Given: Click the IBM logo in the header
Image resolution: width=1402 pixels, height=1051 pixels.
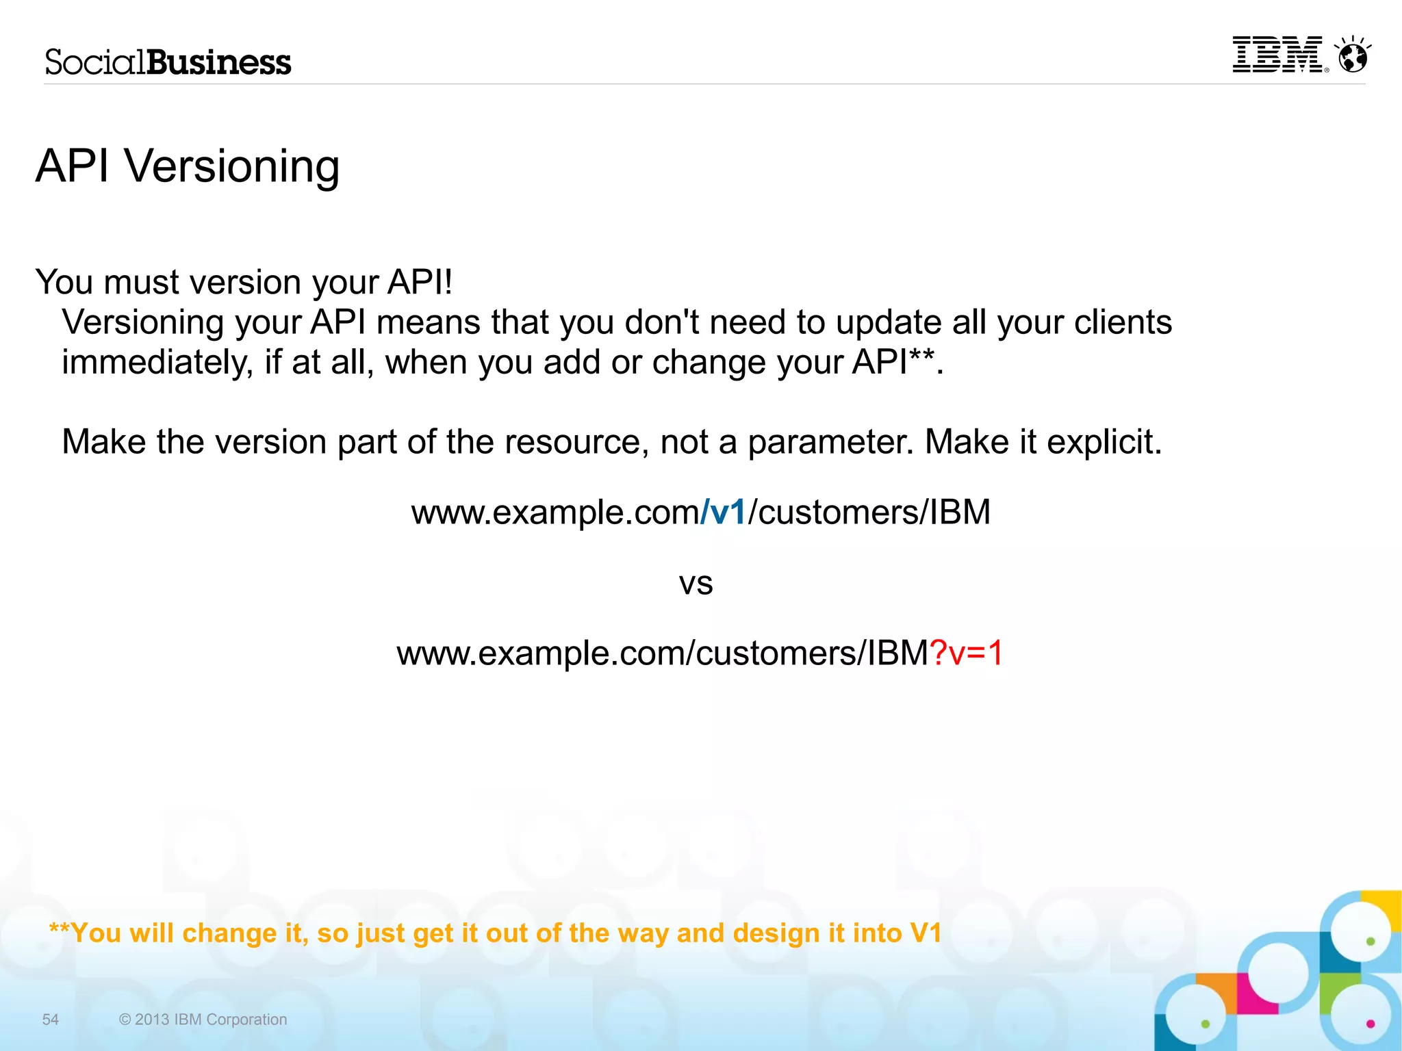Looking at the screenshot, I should click(1277, 55).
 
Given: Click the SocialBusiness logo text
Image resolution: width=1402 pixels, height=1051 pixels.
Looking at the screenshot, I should click(168, 62).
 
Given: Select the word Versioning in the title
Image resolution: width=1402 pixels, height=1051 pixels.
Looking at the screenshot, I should click(231, 166).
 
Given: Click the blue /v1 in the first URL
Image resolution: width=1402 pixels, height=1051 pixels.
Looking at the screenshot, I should click(724, 512).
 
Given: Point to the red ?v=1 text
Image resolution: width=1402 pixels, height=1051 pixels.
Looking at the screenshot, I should click(966, 653).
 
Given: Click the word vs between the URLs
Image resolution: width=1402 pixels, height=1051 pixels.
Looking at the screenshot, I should click(696, 584).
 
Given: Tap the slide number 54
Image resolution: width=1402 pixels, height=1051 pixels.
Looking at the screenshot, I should click(51, 1020).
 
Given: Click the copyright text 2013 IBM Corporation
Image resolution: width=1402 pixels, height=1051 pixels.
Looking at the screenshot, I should click(203, 1020).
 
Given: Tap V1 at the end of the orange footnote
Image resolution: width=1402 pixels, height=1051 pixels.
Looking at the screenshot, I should click(926, 933).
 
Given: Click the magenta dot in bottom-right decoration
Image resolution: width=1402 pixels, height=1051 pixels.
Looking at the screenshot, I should click(1370, 1024).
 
